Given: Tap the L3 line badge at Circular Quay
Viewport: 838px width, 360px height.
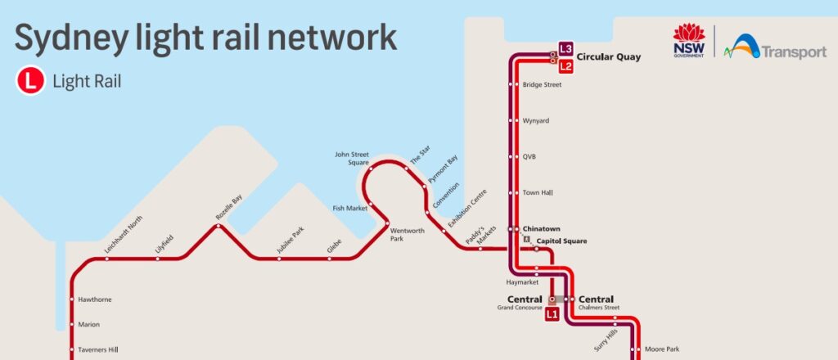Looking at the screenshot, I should coord(565,47).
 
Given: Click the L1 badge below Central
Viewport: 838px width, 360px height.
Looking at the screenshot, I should coord(552,313).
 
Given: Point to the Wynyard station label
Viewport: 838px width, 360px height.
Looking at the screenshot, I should coord(535,121).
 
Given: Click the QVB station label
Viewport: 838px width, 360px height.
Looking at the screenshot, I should coord(529,156).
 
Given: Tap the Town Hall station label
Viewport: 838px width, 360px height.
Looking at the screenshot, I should coord(538,193).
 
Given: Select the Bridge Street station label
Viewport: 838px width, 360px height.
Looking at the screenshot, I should coord(542,85).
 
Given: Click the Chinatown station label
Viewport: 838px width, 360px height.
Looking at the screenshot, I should coord(541,228).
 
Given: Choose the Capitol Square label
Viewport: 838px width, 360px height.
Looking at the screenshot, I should coord(561,241).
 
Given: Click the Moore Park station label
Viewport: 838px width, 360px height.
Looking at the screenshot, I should coord(662,349).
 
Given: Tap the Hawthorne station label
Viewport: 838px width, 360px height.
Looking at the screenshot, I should coord(95,299).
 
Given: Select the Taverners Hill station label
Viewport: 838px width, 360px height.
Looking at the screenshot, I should coord(98,350).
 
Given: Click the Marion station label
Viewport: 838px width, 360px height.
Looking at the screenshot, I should coord(88,325).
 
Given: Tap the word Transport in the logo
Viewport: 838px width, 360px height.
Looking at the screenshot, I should coord(794,52).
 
